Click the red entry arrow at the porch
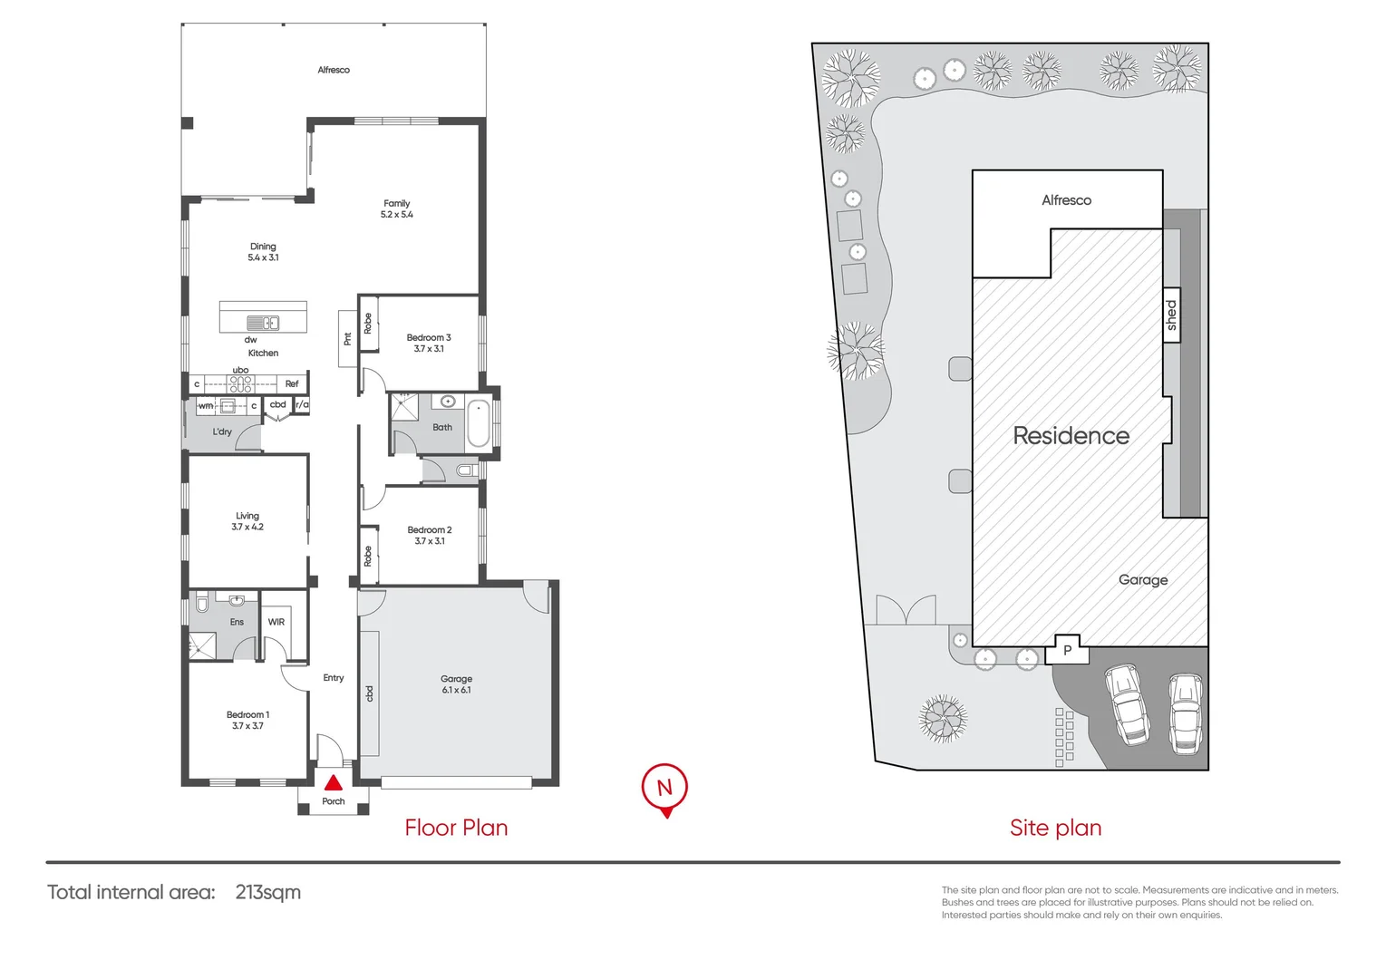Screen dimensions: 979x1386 [x=334, y=782]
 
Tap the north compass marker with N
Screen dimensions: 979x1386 [x=664, y=787]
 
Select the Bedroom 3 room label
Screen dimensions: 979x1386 [x=429, y=343]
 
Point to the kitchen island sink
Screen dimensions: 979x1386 [x=263, y=323]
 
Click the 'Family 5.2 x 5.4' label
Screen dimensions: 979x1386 [x=397, y=209]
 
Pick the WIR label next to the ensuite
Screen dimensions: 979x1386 [x=276, y=622]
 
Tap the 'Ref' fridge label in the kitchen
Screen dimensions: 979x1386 [x=292, y=383]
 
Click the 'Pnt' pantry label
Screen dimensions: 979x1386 [x=347, y=339]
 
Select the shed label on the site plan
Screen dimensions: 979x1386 [x=1171, y=315]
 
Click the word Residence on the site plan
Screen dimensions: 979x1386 [x=1071, y=436]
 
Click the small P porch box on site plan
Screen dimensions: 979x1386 [x=1068, y=650]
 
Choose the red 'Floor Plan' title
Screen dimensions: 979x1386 [x=456, y=828]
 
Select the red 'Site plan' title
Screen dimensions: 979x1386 [x=1055, y=828]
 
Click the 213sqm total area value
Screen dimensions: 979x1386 [x=267, y=892]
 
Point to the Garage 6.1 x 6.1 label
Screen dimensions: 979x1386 [x=456, y=684]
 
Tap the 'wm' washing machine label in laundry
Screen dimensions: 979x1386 [x=206, y=405]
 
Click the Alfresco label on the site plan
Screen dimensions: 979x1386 [x=1066, y=200]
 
